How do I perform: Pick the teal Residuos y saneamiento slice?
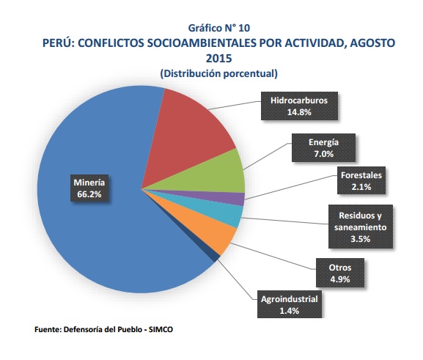point(231,215)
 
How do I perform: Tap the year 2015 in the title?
point(218,58)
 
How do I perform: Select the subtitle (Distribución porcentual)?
point(218,74)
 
